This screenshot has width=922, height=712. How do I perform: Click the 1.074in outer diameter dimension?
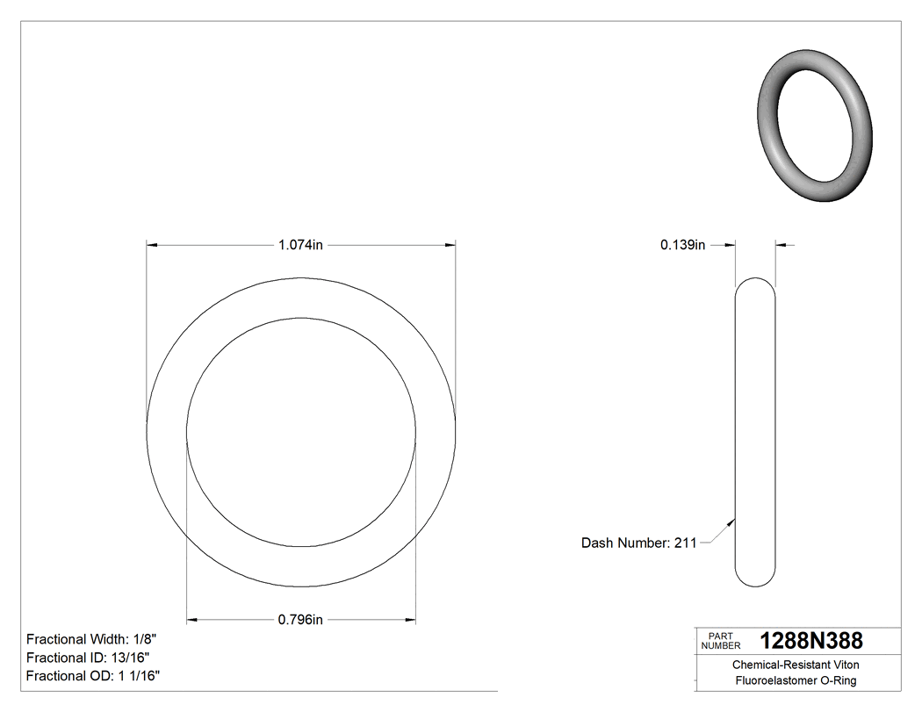click(x=301, y=246)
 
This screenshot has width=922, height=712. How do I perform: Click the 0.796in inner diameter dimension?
click(x=301, y=620)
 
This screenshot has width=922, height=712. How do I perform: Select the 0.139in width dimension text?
click(x=682, y=246)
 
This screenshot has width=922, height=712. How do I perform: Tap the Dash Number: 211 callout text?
click(x=638, y=543)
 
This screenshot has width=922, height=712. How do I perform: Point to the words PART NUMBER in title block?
click(x=720, y=641)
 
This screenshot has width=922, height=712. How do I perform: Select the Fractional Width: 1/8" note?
click(x=92, y=639)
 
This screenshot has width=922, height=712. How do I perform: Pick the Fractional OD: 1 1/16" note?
click(x=93, y=675)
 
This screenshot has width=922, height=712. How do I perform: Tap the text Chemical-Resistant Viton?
click(x=796, y=665)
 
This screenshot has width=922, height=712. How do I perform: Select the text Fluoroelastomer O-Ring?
click(x=796, y=681)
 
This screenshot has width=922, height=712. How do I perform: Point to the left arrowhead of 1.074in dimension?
click(x=152, y=246)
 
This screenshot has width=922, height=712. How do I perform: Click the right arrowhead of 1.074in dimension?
click(x=450, y=246)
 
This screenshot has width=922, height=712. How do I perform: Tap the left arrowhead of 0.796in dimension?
click(x=193, y=620)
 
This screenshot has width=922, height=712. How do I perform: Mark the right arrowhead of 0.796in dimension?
click(x=409, y=620)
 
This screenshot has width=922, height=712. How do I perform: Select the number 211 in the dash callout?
click(x=685, y=543)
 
